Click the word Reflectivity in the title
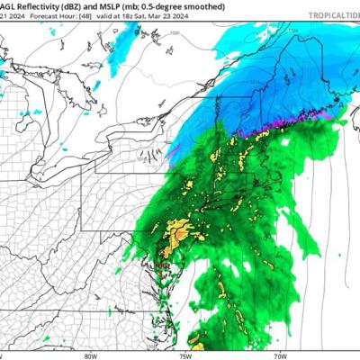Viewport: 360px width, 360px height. coord(38,5)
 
